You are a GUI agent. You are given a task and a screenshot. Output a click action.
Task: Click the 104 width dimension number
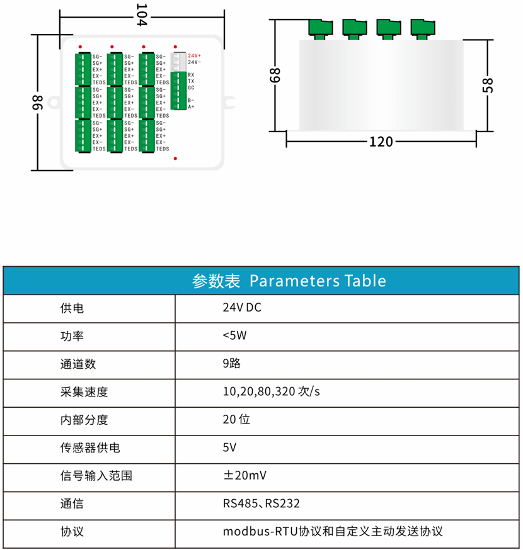point(142,15)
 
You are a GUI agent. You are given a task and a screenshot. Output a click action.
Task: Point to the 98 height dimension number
point(38,103)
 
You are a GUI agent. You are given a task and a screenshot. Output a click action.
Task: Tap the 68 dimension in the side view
point(275,75)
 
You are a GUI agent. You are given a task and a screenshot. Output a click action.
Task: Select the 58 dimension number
point(488,86)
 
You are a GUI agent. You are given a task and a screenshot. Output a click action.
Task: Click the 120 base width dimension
point(381,142)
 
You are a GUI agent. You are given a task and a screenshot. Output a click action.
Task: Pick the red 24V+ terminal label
point(194,56)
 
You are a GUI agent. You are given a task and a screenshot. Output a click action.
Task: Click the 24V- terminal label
point(194,62)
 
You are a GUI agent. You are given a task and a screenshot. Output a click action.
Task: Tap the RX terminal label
point(191,75)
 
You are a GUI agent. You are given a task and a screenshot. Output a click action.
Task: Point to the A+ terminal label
point(191,106)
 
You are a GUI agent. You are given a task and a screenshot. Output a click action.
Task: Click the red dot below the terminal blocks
point(175,159)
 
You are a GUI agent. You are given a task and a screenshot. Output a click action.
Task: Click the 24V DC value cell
point(242,308)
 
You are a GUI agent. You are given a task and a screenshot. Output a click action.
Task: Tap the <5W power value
point(234,335)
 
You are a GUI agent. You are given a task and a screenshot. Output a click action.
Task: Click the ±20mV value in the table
point(245,476)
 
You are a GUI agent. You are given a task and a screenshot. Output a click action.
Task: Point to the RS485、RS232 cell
point(261,503)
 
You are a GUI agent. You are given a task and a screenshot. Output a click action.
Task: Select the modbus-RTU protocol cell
point(333,531)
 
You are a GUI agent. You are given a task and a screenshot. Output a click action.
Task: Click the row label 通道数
point(78,364)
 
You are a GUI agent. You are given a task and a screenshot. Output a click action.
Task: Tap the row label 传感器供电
point(90,447)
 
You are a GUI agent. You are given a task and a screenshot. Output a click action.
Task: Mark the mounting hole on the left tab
point(54,103)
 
